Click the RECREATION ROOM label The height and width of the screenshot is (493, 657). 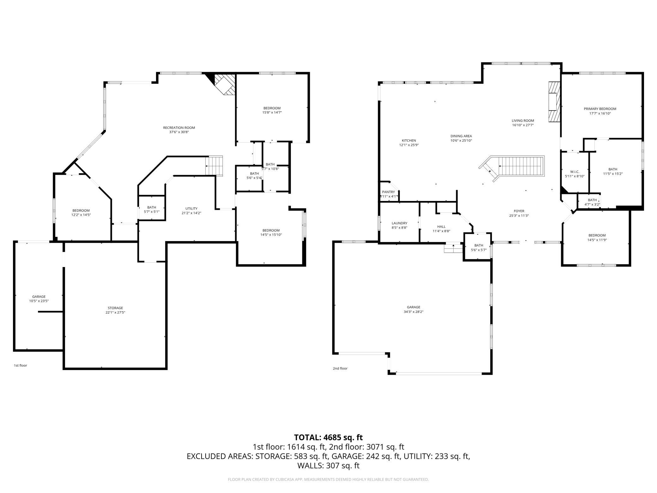point(179,128)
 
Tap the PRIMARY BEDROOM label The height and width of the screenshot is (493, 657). point(600,109)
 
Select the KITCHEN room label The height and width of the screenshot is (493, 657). point(409,141)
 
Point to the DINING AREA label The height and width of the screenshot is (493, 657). point(461,136)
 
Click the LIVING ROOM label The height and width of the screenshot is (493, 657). point(523,120)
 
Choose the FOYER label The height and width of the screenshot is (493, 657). point(519,211)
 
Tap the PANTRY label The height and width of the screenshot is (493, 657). point(388,192)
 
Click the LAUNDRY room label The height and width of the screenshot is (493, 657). point(399,223)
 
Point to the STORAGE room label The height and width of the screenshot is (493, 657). point(115,308)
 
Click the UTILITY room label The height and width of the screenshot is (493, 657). point(191,209)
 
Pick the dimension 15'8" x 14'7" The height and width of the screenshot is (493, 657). point(272,112)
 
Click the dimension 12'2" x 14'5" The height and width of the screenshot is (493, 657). point(81,215)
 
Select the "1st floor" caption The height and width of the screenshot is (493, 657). point(20,365)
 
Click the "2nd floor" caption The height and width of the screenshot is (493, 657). point(340,368)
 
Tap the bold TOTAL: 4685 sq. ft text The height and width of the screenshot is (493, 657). point(328,437)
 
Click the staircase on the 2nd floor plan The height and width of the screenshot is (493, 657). point(512,168)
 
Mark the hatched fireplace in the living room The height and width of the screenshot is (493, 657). point(554,102)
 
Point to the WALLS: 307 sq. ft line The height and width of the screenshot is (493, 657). point(328,465)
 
